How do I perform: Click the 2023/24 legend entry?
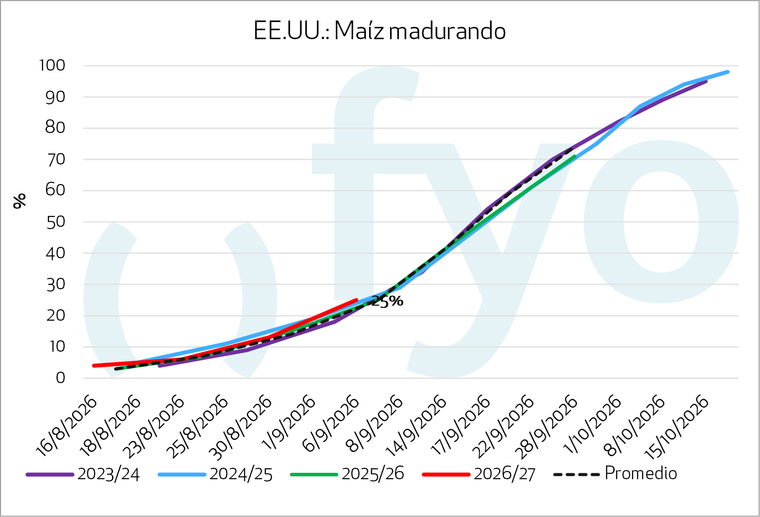(83, 474)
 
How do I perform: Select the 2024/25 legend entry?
(215, 474)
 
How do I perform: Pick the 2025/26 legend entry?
(347, 474)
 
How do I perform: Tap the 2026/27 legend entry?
(479, 474)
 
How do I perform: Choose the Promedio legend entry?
(615, 474)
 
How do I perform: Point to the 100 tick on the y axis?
(52, 66)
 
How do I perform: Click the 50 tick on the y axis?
(55, 222)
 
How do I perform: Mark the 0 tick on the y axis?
(61, 378)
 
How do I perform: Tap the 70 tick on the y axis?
(55, 159)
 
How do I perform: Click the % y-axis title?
(19, 201)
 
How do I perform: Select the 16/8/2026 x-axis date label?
(67, 426)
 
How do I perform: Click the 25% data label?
(387, 301)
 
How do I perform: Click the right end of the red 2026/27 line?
(356, 300)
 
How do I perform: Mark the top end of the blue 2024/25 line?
(728, 72)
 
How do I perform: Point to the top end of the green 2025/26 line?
(575, 156)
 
